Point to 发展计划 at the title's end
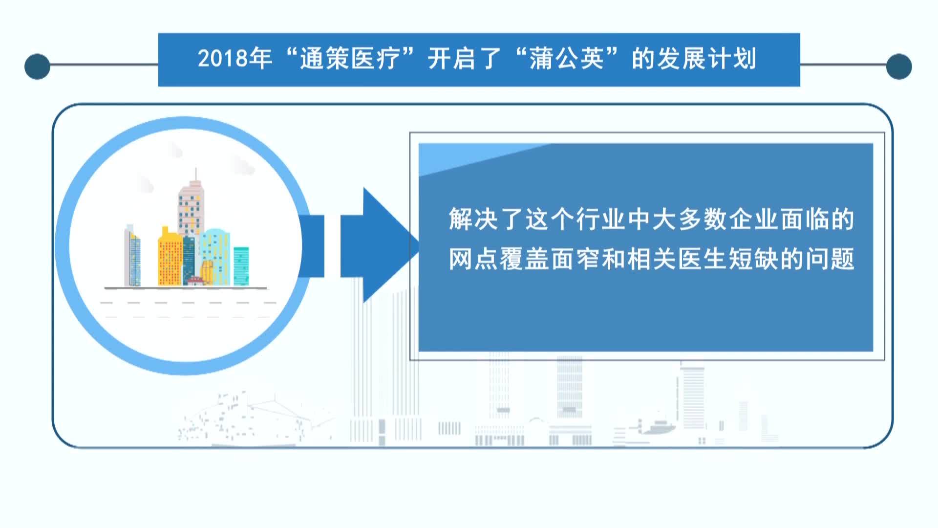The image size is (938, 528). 694,59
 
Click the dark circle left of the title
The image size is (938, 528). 37,66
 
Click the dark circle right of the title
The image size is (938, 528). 899,66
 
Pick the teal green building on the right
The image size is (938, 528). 241,266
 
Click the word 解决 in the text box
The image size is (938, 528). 474,219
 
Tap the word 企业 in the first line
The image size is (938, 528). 753,219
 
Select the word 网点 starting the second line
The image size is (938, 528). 474,259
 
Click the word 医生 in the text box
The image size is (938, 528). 702,259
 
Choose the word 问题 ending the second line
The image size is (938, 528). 830,259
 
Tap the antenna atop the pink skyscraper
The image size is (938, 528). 196,175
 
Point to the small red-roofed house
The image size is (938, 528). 195,281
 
